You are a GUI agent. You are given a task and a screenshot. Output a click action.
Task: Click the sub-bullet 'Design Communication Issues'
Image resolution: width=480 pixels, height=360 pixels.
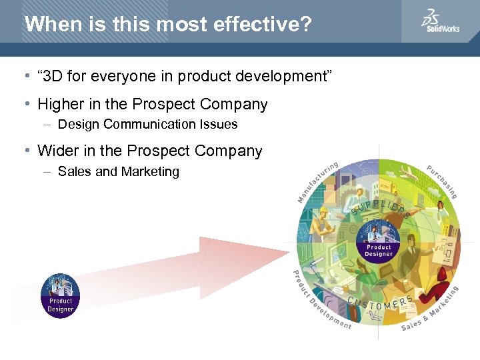147,125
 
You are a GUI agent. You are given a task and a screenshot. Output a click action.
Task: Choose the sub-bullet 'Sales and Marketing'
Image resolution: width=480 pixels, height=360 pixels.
119,172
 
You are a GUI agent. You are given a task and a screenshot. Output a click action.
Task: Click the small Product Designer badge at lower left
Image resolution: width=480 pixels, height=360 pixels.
60,295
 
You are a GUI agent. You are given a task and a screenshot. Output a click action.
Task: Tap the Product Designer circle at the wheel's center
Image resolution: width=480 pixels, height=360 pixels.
379,241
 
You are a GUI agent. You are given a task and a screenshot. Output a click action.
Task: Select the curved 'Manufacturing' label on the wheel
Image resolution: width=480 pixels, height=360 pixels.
317,181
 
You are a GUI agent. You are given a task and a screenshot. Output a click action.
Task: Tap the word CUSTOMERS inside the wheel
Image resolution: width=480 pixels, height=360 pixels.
381,304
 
